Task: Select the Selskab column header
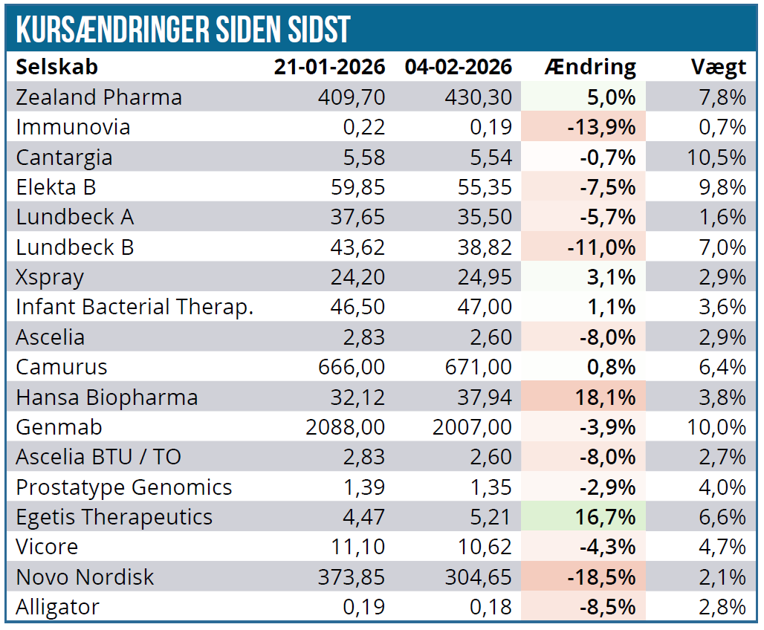[57, 67]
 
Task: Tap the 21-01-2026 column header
[329, 67]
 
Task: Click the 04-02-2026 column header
[459, 67]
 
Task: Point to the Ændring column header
[590, 67]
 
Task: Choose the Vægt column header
[718, 67]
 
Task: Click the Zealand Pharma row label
[99, 97]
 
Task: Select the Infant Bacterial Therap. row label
[135, 307]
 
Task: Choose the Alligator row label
[57, 607]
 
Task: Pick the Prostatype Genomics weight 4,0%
[724, 487]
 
